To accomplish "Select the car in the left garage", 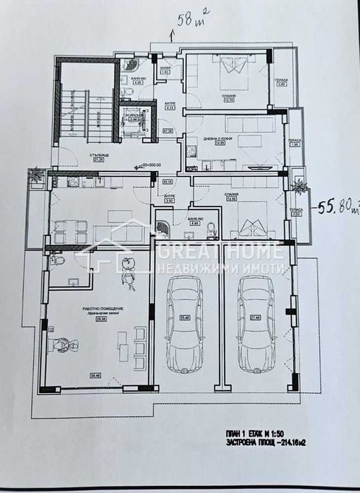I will pos(184,323).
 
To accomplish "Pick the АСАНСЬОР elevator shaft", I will pos(133,118).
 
